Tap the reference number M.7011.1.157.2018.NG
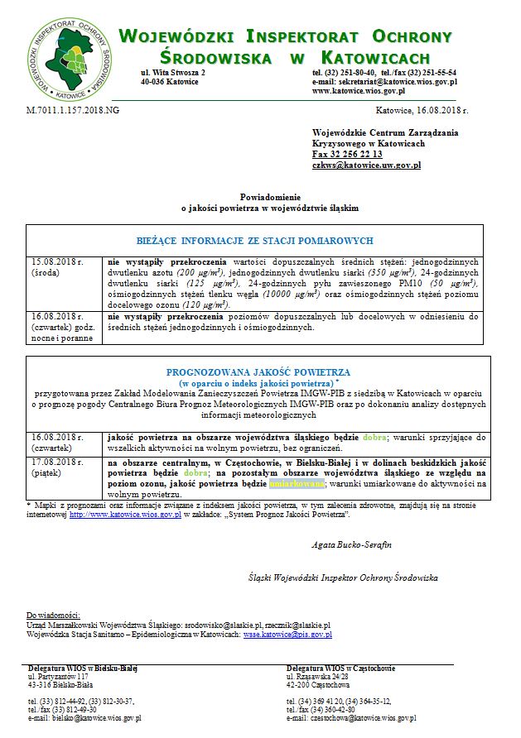pos(73,109)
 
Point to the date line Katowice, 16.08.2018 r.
pos(422,109)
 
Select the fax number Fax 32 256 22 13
pos(346,155)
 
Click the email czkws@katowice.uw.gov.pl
pos(366,165)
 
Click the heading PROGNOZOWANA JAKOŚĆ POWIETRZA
pos(258,373)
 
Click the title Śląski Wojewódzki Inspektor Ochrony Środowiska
pos(343,577)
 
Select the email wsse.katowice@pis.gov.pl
pos(287,635)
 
